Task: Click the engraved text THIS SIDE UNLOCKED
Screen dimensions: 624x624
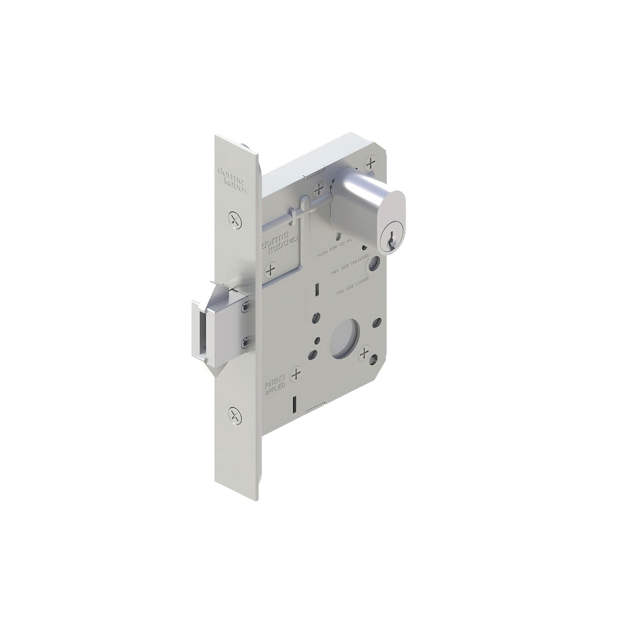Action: [350, 265]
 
